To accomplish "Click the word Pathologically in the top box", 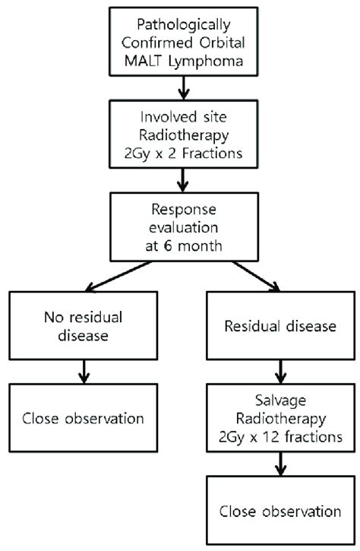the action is click(x=184, y=24).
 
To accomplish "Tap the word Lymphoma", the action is click(x=206, y=62).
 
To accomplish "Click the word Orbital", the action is click(x=223, y=43).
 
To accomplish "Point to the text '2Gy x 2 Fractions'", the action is click(x=183, y=154).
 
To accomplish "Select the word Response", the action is click(x=184, y=210).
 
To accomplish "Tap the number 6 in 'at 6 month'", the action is click(x=169, y=245).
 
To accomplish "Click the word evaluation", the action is click(x=184, y=227).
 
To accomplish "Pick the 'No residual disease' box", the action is click(x=84, y=325).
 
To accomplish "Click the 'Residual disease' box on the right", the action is click(x=280, y=325).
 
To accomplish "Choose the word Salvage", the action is click(x=280, y=401).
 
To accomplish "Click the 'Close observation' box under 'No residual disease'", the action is click(x=84, y=418).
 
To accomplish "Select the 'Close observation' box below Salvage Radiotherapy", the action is click(x=280, y=510).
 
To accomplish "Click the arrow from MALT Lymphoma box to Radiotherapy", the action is click(x=184, y=88).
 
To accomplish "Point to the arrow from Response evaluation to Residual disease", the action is click(x=256, y=276).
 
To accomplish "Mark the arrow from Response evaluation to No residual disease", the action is click(x=118, y=276).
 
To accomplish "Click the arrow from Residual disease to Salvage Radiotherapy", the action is click(x=280, y=372).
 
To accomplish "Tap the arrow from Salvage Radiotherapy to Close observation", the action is click(x=280, y=464).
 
